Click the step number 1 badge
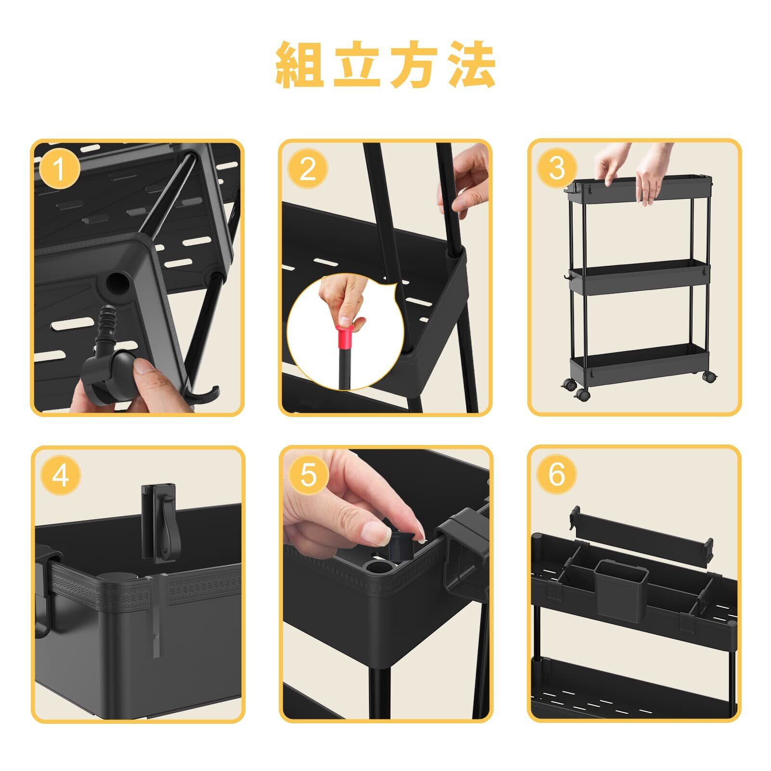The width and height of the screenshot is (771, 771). pyautogui.click(x=59, y=169)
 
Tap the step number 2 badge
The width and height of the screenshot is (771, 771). pyautogui.click(x=307, y=169)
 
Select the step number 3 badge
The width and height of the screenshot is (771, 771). pyautogui.click(x=556, y=169)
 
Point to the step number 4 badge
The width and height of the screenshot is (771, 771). pyautogui.click(x=60, y=476)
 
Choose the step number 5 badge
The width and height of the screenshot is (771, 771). pyautogui.click(x=309, y=476)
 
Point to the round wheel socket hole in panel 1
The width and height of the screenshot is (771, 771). pyautogui.click(x=117, y=284)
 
